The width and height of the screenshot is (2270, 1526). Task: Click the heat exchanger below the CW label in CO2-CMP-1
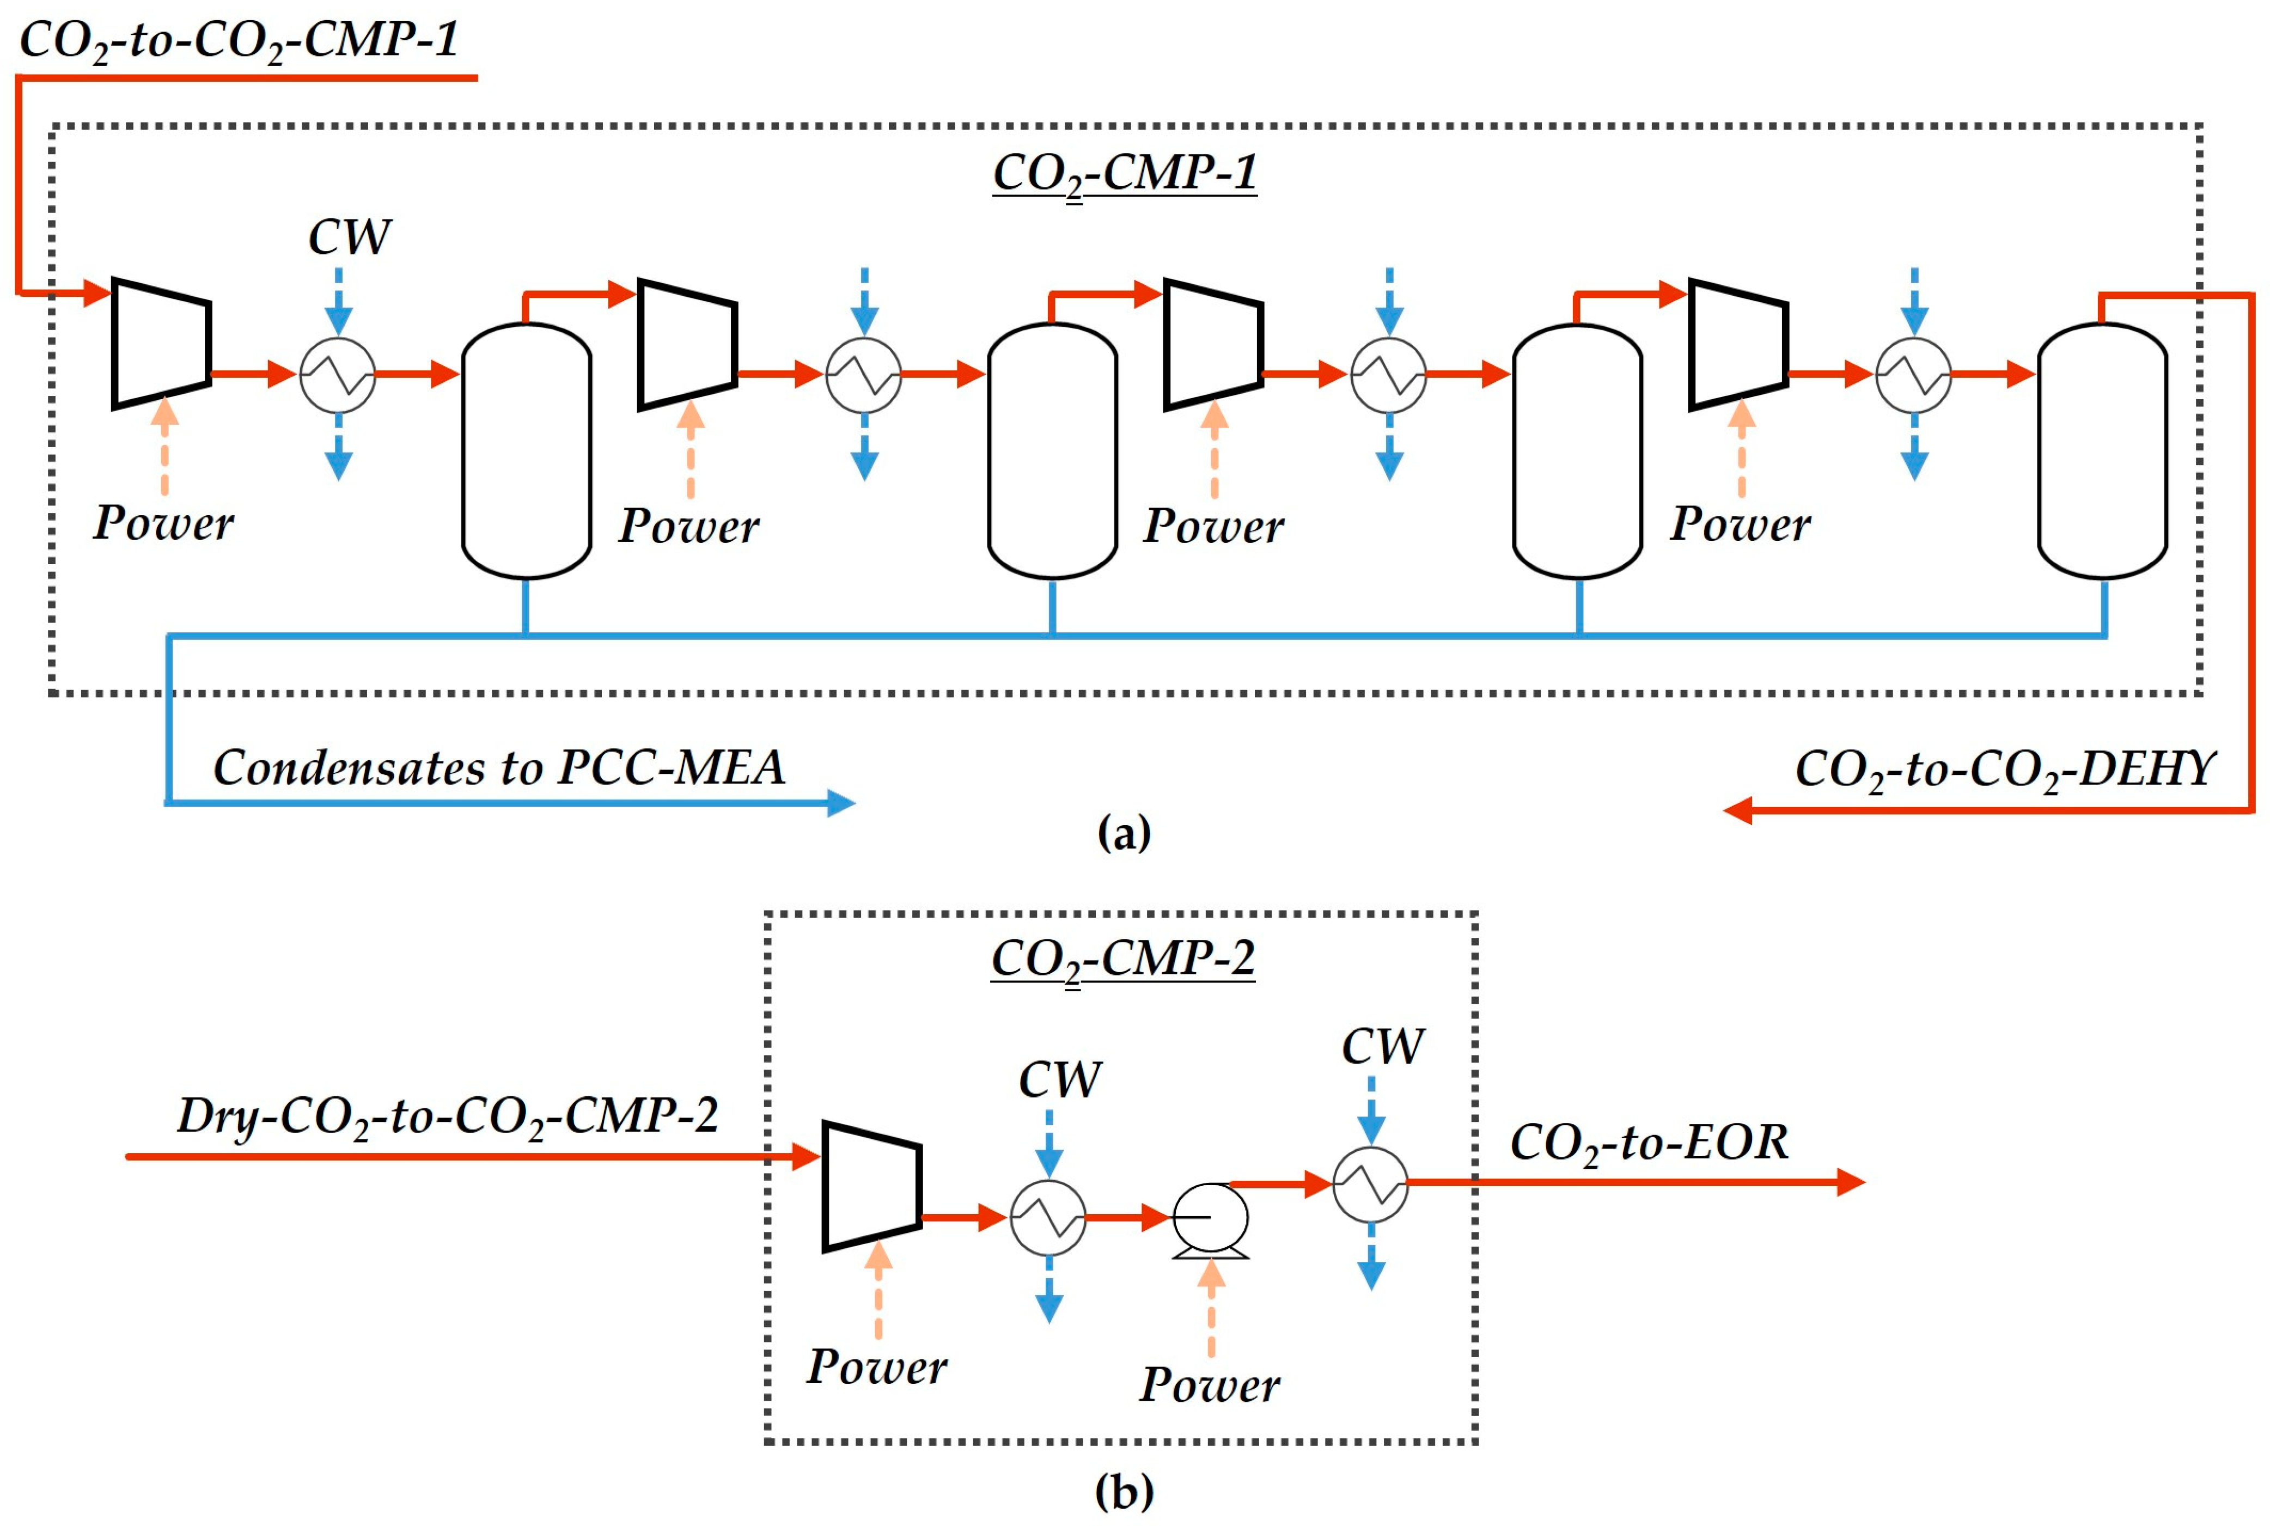338,375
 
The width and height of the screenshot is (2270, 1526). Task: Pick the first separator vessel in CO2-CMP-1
527,450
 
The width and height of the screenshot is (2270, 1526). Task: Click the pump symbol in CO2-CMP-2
1210,1218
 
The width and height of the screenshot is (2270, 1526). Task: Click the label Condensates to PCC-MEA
498,768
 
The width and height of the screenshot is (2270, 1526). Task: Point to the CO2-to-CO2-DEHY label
2003,770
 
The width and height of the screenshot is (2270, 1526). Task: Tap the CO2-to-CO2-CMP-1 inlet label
239,41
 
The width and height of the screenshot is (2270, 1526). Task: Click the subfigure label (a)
1124,833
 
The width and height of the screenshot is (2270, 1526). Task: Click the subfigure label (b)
1124,1491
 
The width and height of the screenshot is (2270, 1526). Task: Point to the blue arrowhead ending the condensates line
841,803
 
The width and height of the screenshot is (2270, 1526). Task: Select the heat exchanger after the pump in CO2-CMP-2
1370,1185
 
